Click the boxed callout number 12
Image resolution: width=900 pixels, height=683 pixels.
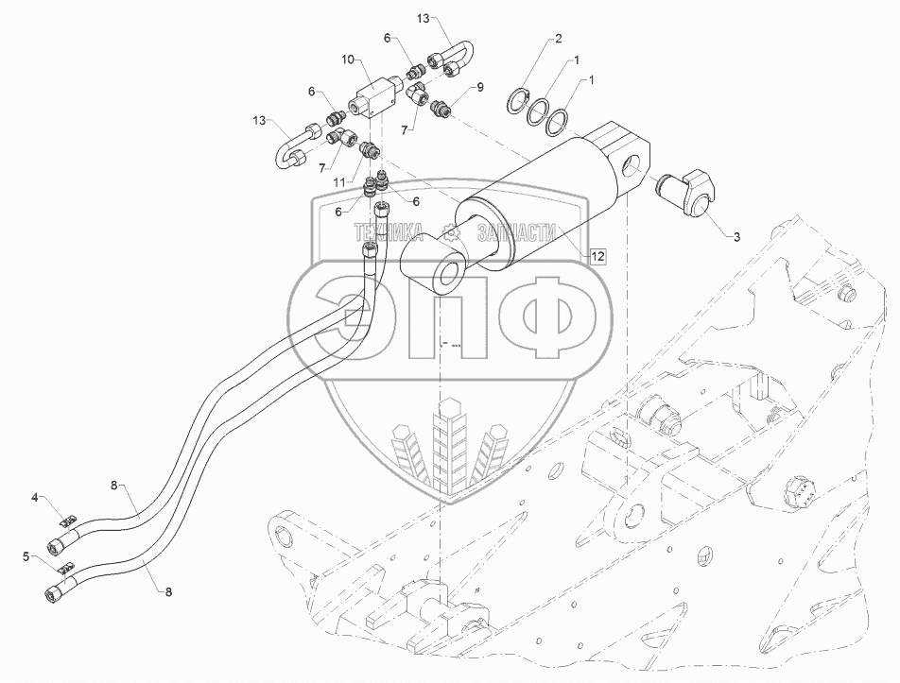point(597,255)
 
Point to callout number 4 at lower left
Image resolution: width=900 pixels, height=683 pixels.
point(35,496)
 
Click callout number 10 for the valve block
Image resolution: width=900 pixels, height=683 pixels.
point(348,59)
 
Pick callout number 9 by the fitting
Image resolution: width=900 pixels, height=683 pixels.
point(479,86)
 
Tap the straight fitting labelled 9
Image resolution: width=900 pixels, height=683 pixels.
point(440,110)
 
